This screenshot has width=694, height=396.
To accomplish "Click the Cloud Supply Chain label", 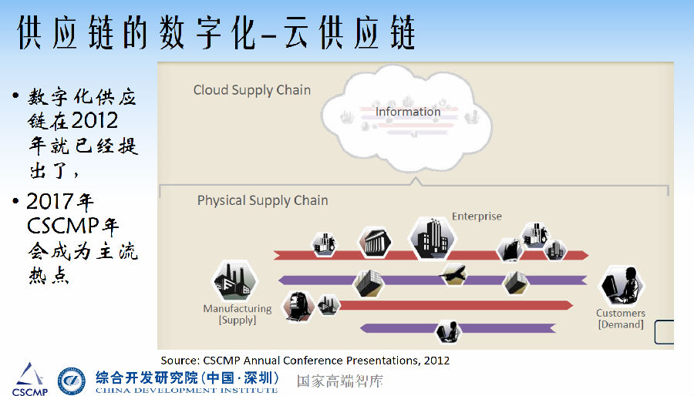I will coord(251,90).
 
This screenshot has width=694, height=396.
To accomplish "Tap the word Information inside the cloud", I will coord(408,112).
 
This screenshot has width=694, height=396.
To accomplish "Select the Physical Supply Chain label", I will coord(262,200).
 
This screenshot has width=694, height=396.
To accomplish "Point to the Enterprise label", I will coord(477,216).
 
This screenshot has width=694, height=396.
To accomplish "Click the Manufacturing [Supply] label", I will coord(238,314).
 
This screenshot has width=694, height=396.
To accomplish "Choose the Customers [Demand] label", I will coord(621,318).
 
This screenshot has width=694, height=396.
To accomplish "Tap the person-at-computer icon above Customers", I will coord(622,286).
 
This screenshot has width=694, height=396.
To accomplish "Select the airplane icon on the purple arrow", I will coord(452,274).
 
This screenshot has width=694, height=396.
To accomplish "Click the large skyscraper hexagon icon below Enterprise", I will coord(432,237).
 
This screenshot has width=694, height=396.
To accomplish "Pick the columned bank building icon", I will coord(375,242).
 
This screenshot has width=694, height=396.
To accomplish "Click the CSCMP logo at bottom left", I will coord(29,378).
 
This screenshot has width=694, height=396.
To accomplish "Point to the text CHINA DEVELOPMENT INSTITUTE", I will coord(186,391).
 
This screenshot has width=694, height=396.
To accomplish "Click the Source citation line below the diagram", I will coord(305,360).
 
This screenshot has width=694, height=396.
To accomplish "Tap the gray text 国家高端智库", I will coord(340,381).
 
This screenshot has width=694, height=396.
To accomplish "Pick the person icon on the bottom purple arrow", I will coord(446,332).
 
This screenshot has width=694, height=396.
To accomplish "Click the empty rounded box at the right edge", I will coord(664,333).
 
